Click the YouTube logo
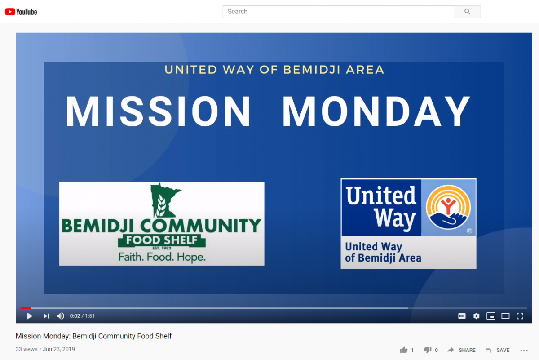click(x=21, y=12)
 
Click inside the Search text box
click(x=339, y=12)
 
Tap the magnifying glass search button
click(x=468, y=12)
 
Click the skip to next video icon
click(x=46, y=316)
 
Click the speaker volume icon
click(x=60, y=316)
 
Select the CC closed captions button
click(x=462, y=316)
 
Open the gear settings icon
click(x=476, y=316)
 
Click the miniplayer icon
click(x=491, y=316)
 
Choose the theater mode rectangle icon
click(x=505, y=316)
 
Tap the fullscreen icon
click(x=520, y=316)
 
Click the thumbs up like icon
click(x=404, y=350)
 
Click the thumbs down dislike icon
click(x=428, y=350)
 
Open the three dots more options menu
click(x=524, y=351)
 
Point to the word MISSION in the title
click(x=158, y=111)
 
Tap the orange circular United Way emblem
click(x=448, y=207)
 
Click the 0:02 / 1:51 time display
click(x=82, y=316)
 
